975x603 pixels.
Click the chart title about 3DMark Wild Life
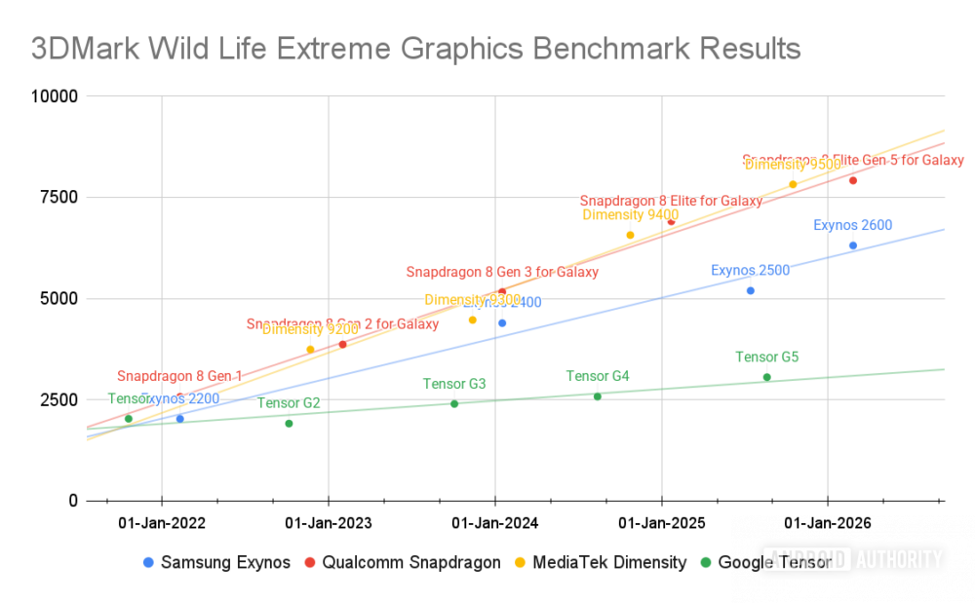[415, 49]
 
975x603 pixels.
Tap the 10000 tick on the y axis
[55, 96]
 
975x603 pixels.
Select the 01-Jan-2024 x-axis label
[494, 523]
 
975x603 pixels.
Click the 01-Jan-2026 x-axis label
[828, 523]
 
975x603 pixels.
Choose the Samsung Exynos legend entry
[216, 562]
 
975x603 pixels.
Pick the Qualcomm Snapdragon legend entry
[402, 562]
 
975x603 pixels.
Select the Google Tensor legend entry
[766, 562]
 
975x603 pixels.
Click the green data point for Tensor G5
[766, 377]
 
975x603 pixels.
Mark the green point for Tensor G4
[598, 396]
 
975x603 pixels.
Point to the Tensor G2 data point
[289, 424]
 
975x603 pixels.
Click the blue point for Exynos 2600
[853, 245]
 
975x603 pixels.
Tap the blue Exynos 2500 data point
[750, 290]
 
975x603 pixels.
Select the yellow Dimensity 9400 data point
[630, 235]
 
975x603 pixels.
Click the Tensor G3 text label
[454, 384]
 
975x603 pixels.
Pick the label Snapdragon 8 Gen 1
[179, 376]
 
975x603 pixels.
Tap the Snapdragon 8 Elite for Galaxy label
[671, 201]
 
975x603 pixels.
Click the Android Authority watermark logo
[855, 559]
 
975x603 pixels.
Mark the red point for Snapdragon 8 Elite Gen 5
[853, 180]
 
